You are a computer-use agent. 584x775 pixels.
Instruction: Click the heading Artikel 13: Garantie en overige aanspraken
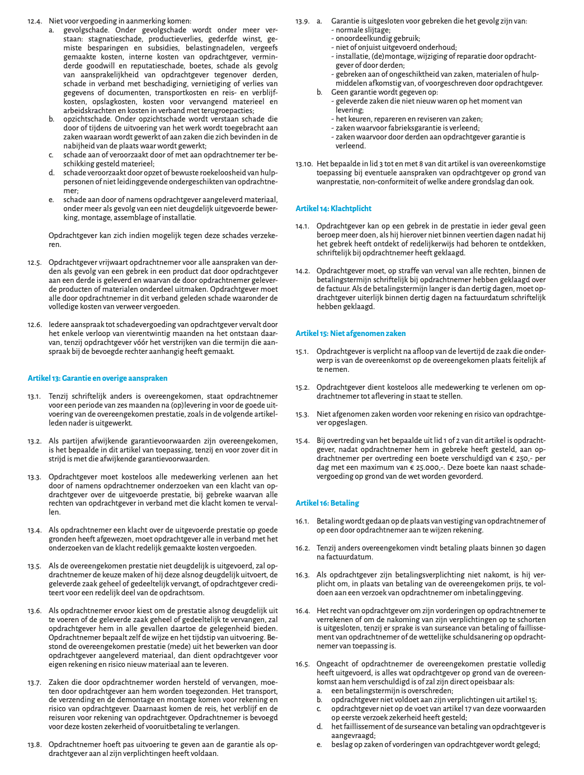[97, 378]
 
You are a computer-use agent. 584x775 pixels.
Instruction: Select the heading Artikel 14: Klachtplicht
[333, 208]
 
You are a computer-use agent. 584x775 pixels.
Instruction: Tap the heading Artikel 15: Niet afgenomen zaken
[351, 333]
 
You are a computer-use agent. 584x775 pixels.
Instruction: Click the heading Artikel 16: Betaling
[327, 503]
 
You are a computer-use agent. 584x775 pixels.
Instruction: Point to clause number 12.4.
[35, 21]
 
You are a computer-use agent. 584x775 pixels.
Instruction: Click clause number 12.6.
[35, 325]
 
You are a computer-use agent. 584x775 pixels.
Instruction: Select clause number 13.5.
[35, 566]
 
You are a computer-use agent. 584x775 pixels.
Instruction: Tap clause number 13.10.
[304, 164]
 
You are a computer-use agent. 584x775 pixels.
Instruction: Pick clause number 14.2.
[303, 271]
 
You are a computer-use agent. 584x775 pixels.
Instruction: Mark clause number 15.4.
[303, 441]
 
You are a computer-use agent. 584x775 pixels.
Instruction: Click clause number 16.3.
[303, 575]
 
